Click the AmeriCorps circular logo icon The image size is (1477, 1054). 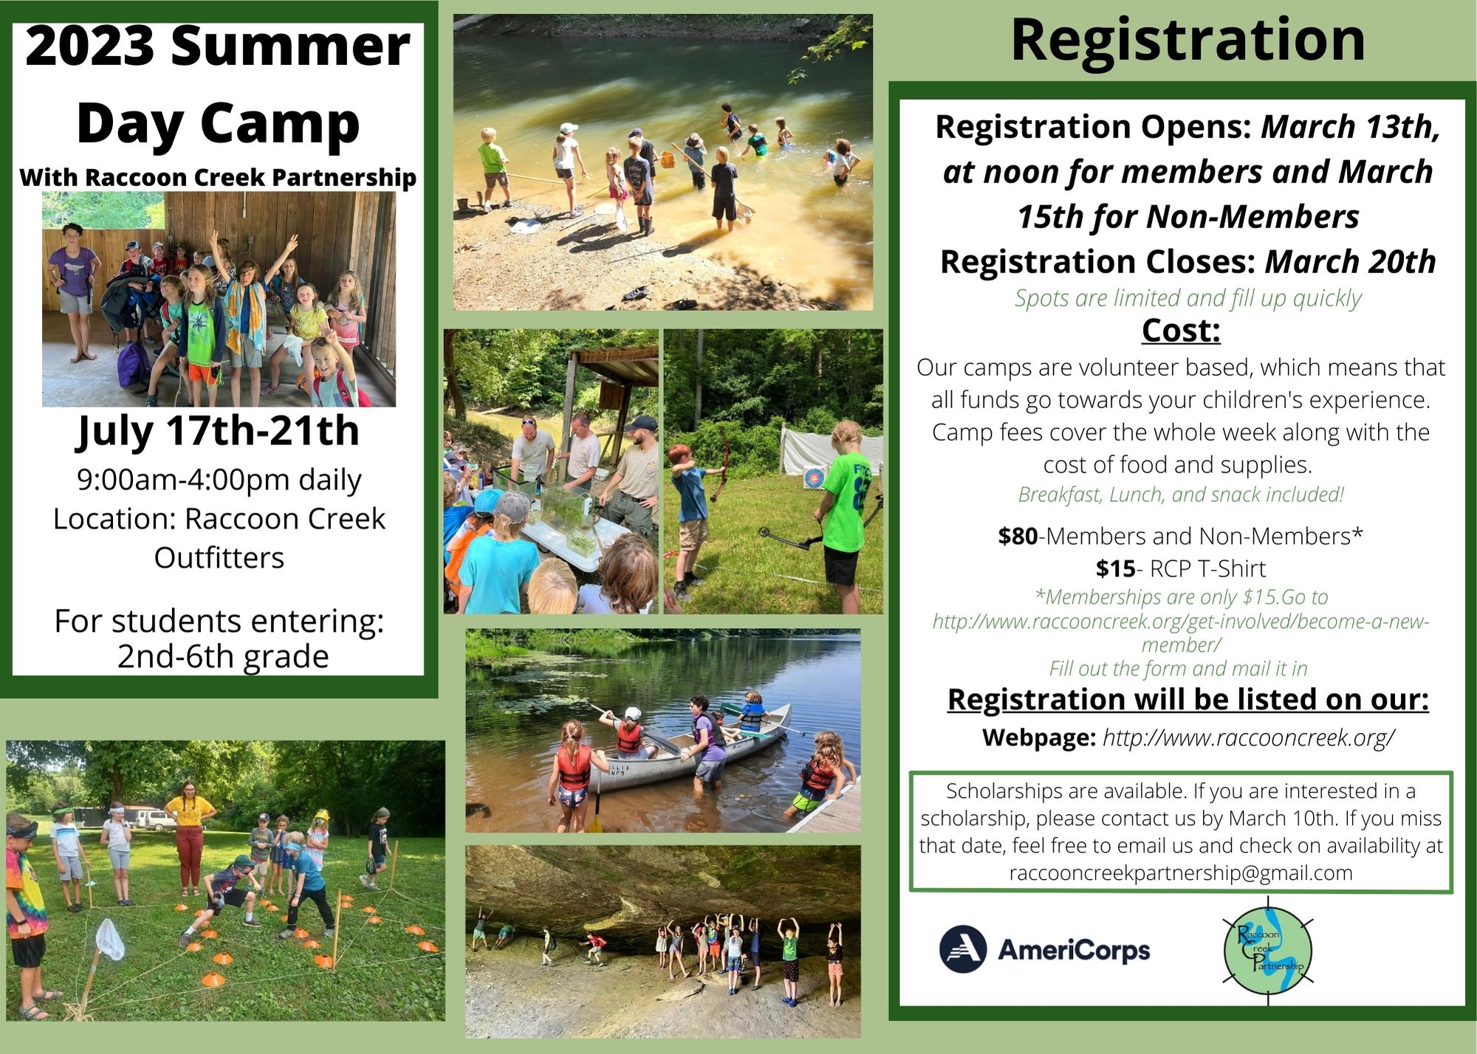tap(963, 949)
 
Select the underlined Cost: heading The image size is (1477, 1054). tap(1181, 331)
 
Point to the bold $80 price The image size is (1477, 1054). tap(1018, 537)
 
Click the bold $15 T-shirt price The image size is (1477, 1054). tap(1115, 569)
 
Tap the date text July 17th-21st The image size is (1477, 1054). tap(218, 431)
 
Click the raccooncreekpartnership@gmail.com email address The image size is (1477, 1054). tap(1181, 873)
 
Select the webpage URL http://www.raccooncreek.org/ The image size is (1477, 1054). tap(1249, 738)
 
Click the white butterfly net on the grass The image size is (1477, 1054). tap(109, 940)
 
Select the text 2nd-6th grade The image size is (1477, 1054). tap(223, 656)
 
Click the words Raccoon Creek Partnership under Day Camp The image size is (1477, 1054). tap(250, 177)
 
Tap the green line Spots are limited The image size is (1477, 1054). tap(1188, 298)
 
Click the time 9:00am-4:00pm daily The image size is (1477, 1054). tap(219, 480)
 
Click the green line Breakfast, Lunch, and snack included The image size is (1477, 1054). tap(1181, 495)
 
